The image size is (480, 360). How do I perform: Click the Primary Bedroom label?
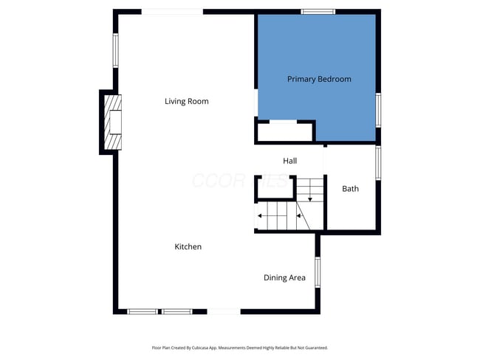[x=319, y=79]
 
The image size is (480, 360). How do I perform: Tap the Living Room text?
[x=186, y=101]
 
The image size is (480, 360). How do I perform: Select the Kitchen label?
[x=188, y=246]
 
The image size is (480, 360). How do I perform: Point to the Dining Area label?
[x=284, y=277]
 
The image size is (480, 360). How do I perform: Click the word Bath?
[x=350, y=189]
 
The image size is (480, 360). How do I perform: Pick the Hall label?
[x=290, y=161]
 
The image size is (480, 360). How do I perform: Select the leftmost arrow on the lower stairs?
[x=260, y=216]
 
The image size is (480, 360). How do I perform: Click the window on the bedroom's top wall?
[x=318, y=11]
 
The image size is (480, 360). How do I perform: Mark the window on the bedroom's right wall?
[x=378, y=109]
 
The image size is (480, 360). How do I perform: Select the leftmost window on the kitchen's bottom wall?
[x=143, y=311]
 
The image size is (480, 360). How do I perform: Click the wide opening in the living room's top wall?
[x=172, y=11]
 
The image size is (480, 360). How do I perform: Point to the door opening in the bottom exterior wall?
[x=224, y=311]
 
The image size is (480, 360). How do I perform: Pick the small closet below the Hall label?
[x=274, y=189]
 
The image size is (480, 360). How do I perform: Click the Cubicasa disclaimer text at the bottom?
[x=239, y=347]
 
